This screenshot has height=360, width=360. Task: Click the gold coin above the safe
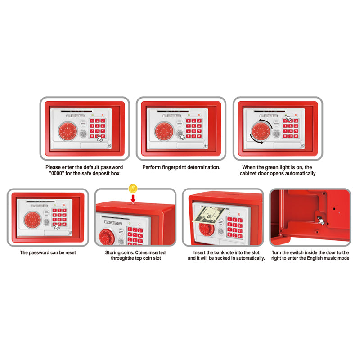[133, 189]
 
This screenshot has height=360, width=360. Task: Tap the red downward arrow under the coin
[133, 199]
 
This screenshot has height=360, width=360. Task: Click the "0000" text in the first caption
[57, 173]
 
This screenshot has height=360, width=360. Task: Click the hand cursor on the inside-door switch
[321, 220]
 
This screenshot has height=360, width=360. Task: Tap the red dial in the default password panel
[68, 131]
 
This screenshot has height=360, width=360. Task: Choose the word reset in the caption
[71, 252]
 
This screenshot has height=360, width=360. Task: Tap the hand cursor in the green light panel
[288, 118]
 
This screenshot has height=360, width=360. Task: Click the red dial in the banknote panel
[207, 229]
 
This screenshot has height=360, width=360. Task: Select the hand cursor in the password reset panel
[57, 227]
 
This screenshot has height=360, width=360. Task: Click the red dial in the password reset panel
[32, 220]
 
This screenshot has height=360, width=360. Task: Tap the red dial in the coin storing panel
[107, 237]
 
